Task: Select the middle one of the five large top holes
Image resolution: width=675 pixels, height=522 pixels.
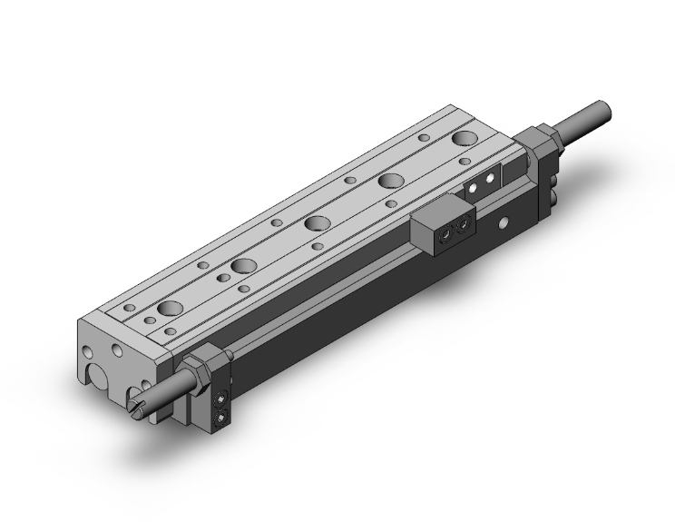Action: (x=317, y=223)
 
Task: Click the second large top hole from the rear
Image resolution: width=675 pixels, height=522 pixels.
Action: (x=392, y=181)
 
